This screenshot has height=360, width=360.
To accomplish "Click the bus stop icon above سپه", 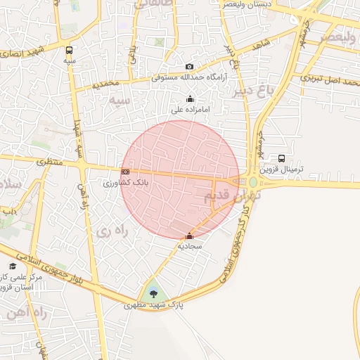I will click(69, 51).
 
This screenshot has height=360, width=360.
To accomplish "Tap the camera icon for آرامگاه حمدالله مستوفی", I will click(189, 66).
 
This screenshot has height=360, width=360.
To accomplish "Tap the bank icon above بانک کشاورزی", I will click(125, 172).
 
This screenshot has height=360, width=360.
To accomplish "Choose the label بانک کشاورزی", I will click(124, 183).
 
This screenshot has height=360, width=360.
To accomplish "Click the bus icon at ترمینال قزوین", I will click(282, 158).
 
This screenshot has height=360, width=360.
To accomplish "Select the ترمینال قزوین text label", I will click(281, 169).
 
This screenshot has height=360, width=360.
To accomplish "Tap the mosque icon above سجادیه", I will click(189, 236).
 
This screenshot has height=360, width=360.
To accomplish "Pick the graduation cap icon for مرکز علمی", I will click(12, 266).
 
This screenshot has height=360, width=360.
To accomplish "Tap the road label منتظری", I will click(50, 162).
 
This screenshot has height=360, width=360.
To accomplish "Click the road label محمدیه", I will click(111, 84).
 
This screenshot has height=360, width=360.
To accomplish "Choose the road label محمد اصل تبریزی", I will click(330, 79).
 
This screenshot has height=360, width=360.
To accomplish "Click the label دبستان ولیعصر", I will click(244, 4).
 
